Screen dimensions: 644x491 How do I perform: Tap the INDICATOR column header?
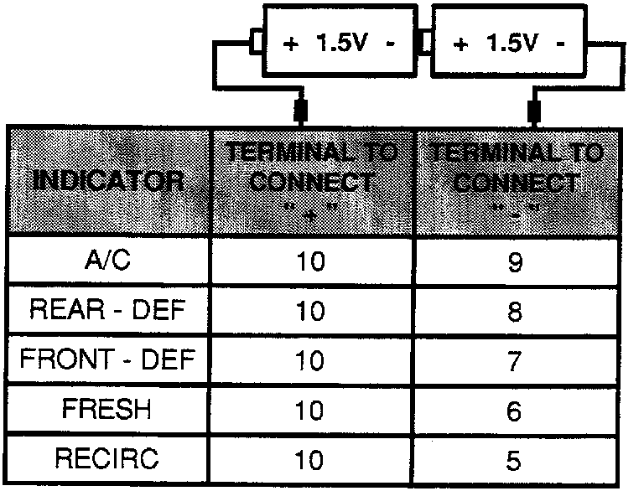point(109,181)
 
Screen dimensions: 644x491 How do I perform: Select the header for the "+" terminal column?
point(311,181)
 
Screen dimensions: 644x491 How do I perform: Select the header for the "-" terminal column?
point(515,181)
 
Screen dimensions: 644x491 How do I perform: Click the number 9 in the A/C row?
point(515,263)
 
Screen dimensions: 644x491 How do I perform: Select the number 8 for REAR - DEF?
point(515,313)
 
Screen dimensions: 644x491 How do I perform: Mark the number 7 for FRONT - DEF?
point(515,362)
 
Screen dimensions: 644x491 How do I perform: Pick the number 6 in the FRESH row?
point(515,411)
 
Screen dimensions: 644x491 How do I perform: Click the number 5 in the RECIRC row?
point(515,461)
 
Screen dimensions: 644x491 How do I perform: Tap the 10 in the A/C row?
point(310,263)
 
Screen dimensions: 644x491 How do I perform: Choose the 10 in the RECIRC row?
point(310,461)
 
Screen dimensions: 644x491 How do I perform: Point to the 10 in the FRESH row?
point(310,411)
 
